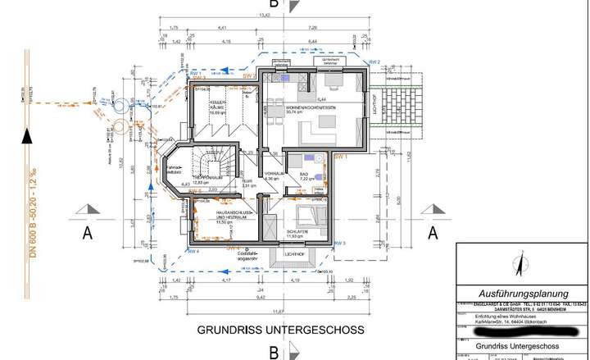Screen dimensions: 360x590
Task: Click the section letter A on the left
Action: pyautogui.click(x=86, y=232)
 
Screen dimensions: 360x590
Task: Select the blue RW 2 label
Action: pyautogui.click(x=374, y=62)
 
